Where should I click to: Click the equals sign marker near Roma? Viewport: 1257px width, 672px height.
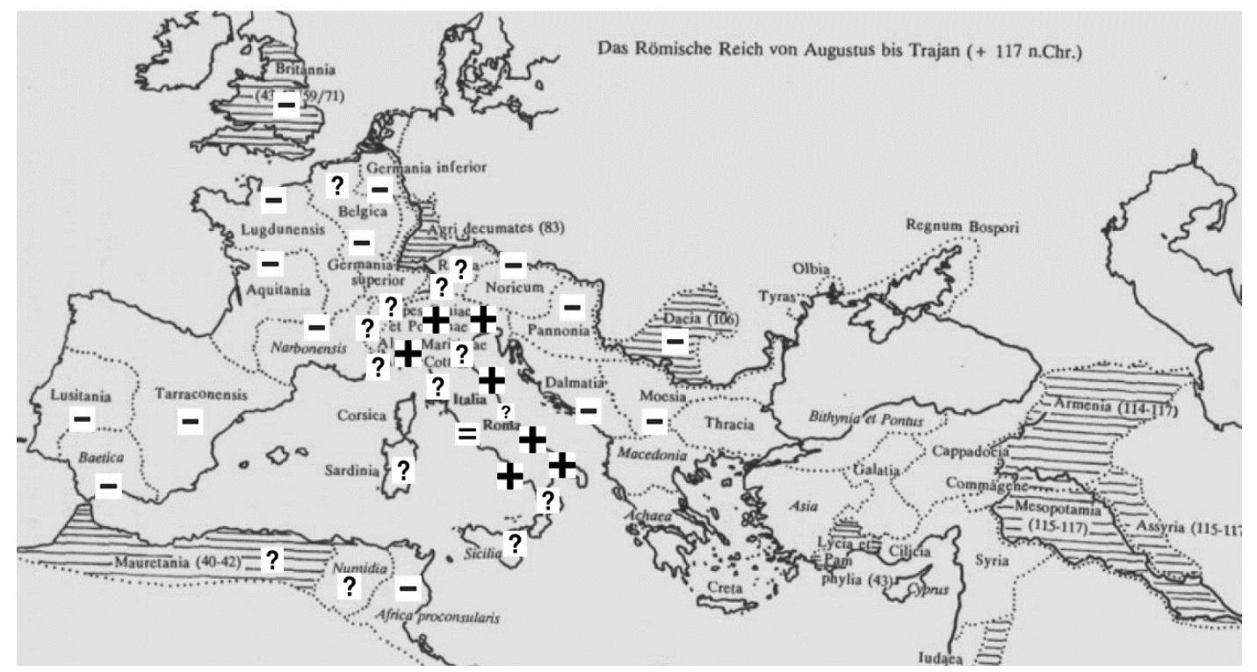point(467,434)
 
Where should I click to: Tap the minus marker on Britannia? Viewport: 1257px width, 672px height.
point(286,105)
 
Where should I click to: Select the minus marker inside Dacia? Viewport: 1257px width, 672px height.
point(675,340)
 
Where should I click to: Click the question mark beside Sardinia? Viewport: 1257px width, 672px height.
point(403,470)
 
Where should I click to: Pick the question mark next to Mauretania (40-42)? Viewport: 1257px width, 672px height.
point(272,560)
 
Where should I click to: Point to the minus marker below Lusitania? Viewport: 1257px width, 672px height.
point(83,420)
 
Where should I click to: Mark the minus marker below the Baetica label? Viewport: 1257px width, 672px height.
point(109,485)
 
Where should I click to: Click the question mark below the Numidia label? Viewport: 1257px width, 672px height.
point(349,587)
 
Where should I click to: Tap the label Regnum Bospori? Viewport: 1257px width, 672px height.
point(963,228)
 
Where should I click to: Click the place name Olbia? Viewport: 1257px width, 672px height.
point(811,269)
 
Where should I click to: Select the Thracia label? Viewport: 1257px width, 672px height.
point(729,424)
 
